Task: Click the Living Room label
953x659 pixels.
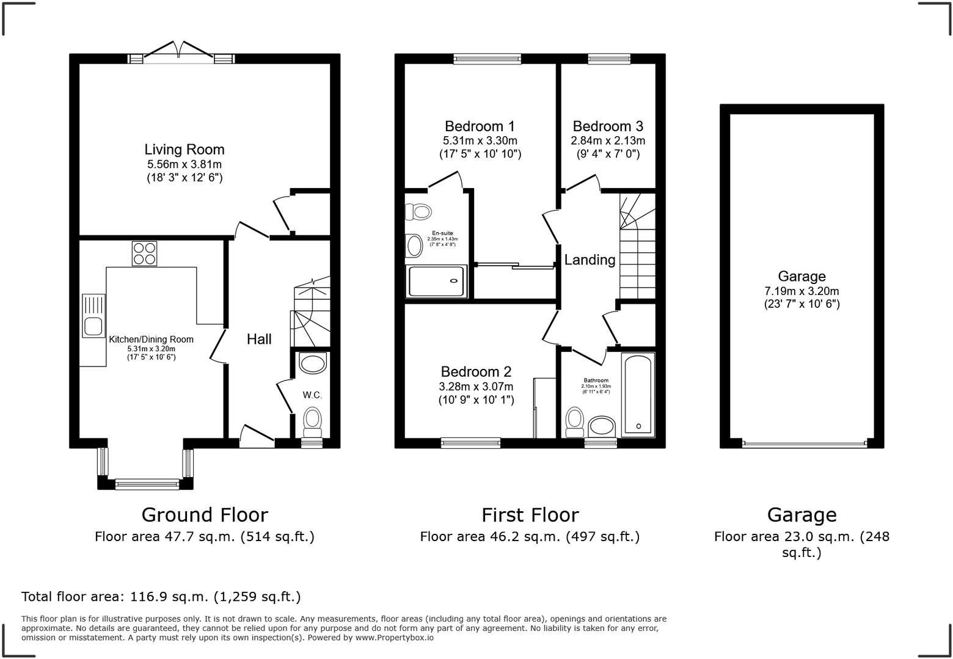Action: tap(184, 150)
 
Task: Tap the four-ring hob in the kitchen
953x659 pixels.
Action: tap(144, 253)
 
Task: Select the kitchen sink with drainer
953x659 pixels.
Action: tap(93, 316)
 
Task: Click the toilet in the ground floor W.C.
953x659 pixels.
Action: tap(313, 421)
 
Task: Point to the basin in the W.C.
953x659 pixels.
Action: tap(313, 364)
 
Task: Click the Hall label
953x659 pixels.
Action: tap(259, 340)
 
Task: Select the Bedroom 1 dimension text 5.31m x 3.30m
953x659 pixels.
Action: tap(480, 140)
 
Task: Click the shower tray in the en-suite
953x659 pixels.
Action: tap(437, 281)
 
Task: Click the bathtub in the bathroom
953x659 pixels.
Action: tap(638, 394)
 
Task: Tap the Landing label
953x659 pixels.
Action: tap(590, 260)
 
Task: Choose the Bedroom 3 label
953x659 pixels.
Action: tap(608, 126)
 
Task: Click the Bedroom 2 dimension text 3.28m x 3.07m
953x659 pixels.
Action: tap(476, 387)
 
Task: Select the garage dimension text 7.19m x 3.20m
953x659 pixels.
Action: tap(801, 291)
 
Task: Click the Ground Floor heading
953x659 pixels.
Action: tap(205, 515)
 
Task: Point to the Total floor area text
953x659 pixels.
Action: tap(161, 597)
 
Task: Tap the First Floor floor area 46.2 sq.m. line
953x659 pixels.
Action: tap(530, 537)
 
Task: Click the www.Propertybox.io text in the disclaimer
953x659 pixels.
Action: tap(394, 638)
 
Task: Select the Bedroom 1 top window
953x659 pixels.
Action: tap(487, 59)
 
